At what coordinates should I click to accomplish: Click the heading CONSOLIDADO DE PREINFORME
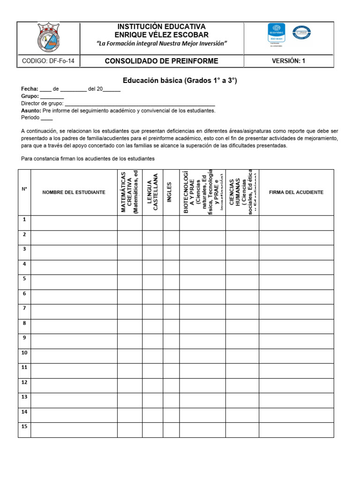point(161,61)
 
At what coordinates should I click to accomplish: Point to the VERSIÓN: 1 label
point(288,61)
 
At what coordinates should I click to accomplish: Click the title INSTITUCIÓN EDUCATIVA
point(161,27)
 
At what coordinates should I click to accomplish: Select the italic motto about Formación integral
point(161,43)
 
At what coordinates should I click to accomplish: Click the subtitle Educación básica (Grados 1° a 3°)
point(180,81)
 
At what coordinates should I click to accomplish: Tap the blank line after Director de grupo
point(140,104)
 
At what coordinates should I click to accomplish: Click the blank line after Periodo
point(47,118)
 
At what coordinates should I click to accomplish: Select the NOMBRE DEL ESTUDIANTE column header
point(74,192)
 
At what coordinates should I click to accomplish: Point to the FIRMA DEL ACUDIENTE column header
point(296,192)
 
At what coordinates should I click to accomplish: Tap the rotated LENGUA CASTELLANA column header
point(152,192)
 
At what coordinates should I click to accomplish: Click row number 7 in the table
point(24,308)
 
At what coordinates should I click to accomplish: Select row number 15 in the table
point(24,426)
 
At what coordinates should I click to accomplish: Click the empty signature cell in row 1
point(296,223)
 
